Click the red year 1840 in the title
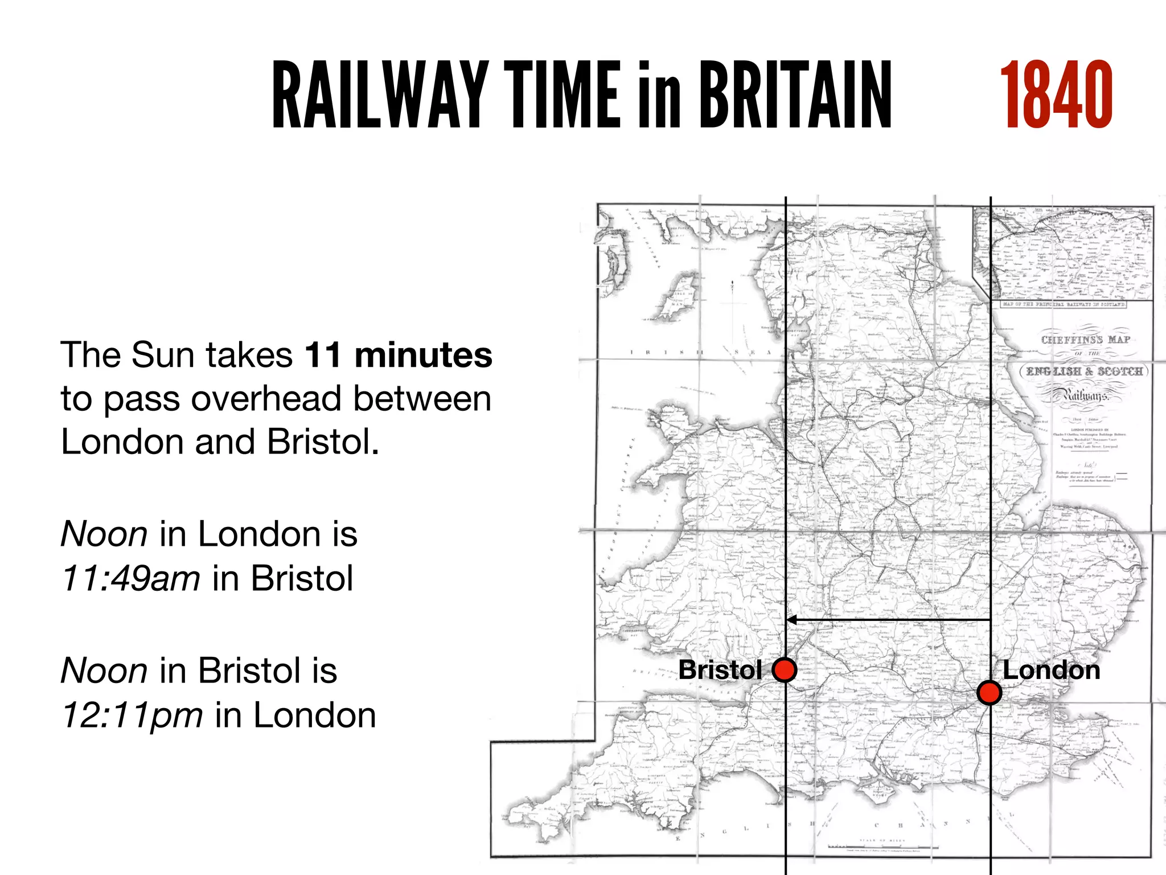[1056, 95]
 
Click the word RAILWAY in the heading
[380, 95]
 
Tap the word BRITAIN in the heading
[795, 95]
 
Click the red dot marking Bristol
[784, 670]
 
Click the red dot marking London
[990, 693]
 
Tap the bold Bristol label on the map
[720, 670]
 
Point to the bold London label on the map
[1051, 670]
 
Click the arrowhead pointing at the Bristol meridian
[791, 620]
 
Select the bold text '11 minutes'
[399, 355]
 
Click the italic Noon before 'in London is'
[104, 534]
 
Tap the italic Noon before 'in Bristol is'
[104, 670]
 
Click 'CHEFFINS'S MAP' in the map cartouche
[1085, 340]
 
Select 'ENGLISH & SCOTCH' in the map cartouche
[1084, 371]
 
